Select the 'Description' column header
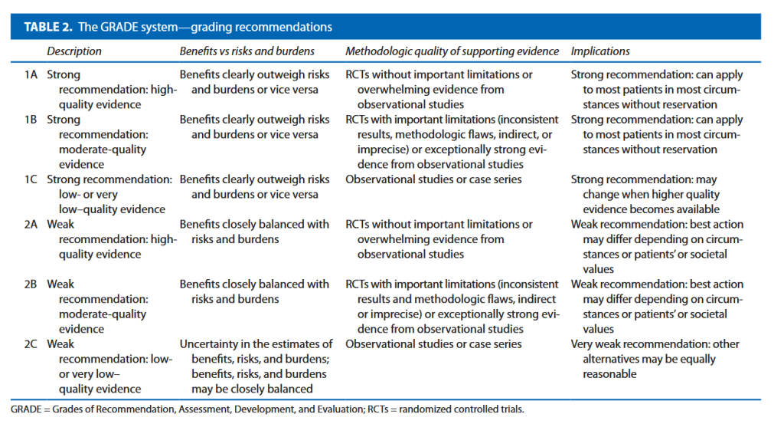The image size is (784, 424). pos(74,51)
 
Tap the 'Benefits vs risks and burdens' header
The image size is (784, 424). pos(247,51)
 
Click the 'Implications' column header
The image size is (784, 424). pos(600,51)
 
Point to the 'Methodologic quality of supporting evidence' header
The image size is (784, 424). pos(452,51)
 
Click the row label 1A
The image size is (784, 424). pos(31,75)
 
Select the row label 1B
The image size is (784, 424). pos(31,120)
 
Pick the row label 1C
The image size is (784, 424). pos(31,179)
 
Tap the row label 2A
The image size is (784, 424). pos(31,225)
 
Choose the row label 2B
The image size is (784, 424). pos(31,284)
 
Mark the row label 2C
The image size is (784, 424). pos(31,344)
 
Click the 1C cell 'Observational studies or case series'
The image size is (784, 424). pos(433,179)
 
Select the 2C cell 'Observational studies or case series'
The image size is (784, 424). pos(433,344)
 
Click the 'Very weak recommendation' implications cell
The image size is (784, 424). pos(655,359)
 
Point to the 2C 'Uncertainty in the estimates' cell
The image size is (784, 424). pos(256,366)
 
